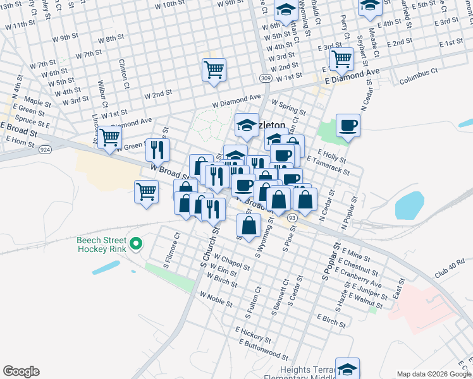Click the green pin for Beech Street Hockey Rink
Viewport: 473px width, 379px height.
135,244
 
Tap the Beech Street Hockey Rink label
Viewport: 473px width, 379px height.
102,244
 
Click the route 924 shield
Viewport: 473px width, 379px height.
44,150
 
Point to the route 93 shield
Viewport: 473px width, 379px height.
292,217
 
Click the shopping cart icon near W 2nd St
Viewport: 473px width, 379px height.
214,69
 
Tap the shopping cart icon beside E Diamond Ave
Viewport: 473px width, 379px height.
341,59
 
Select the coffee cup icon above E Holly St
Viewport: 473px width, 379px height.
348,125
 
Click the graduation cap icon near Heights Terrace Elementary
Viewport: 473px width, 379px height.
347,369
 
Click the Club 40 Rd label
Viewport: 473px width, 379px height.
449,266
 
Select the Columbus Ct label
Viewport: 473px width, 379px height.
419,76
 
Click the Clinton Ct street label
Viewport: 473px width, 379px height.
125,73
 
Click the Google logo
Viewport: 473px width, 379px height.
21,371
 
